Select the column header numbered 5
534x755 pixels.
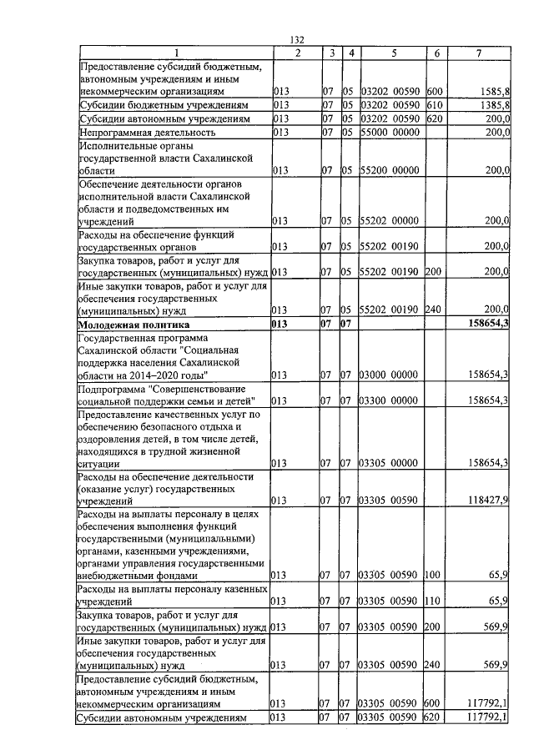coord(392,53)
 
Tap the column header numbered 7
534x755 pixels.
coord(478,53)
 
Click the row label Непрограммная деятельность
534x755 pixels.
coord(147,133)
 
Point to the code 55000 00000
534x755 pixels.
coord(392,133)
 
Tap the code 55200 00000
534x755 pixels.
coord(392,171)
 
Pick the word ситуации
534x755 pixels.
coord(98,464)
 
